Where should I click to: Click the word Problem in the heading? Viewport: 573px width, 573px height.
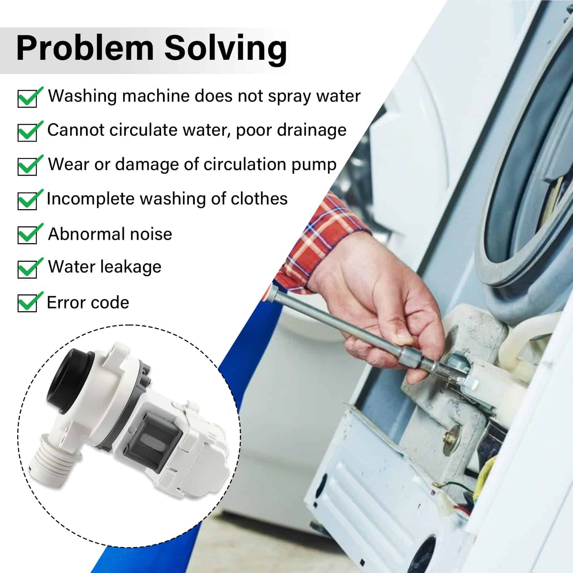point(85,48)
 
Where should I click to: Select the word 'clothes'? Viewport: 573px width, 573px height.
point(259,198)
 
